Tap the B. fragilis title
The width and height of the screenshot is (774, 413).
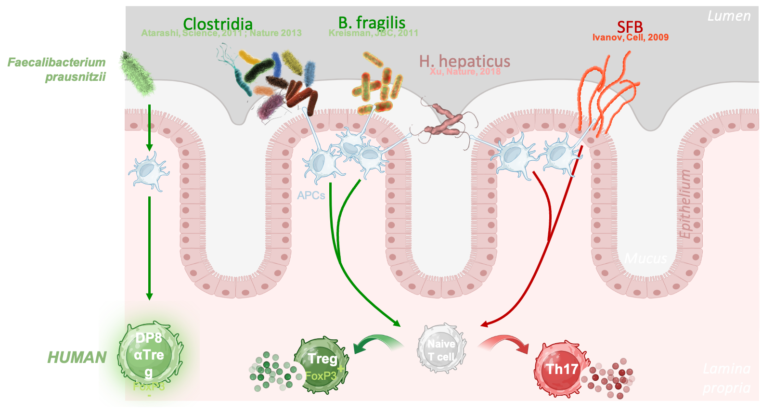372,22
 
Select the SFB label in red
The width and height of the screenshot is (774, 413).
630,26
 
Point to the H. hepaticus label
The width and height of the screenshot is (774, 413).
464,61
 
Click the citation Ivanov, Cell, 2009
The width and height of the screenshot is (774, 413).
630,38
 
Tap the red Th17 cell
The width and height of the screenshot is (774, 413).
561,369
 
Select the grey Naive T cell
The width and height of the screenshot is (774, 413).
441,350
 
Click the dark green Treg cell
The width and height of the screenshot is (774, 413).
321,364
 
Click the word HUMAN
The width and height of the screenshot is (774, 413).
77,357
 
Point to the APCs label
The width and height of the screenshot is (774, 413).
311,195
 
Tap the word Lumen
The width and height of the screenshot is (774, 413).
729,16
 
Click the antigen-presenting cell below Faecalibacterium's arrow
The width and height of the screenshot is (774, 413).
149,171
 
